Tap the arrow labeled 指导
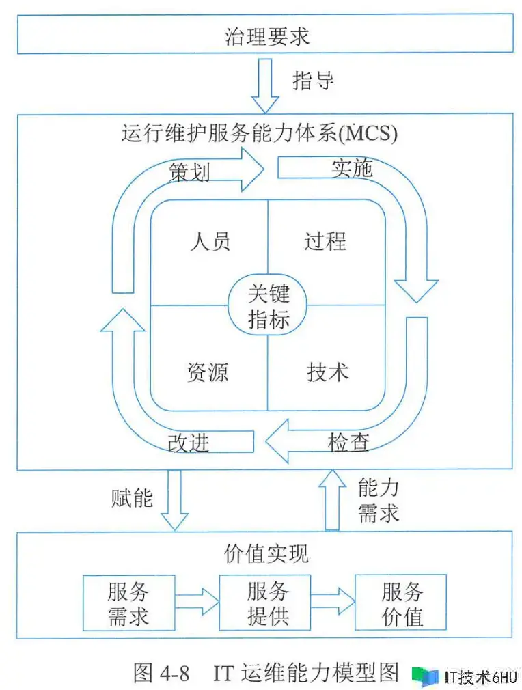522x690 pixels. click(265, 83)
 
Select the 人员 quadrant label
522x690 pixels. click(210, 241)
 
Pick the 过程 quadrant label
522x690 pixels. click(325, 241)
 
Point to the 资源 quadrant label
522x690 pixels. click(207, 372)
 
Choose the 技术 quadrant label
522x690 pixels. click(327, 372)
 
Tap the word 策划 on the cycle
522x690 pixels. click(189, 171)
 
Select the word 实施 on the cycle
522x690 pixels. click(353, 167)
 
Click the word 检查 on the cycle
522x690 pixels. click(348, 442)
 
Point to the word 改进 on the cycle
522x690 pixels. click(188, 443)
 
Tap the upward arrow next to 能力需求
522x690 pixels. click(332, 500)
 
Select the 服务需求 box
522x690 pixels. click(128, 603)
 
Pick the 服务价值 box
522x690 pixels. click(401, 603)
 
